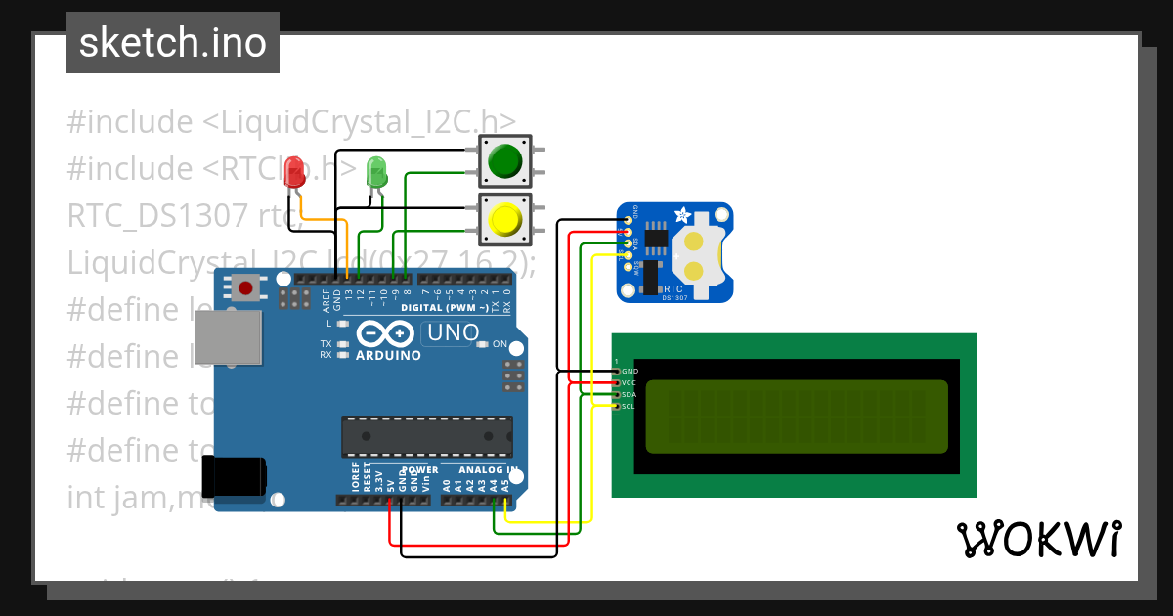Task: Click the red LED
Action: point(293,174)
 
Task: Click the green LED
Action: point(376,172)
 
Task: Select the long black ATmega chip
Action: point(426,436)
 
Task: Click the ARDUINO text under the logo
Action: point(388,355)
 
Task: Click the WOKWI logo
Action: point(1038,539)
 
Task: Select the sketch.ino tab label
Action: point(173,43)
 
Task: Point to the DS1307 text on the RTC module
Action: point(674,298)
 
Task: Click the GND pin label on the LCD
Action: point(630,372)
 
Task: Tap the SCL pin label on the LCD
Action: point(630,406)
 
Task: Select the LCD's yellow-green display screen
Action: point(797,417)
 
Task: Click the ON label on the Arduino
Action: point(500,344)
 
